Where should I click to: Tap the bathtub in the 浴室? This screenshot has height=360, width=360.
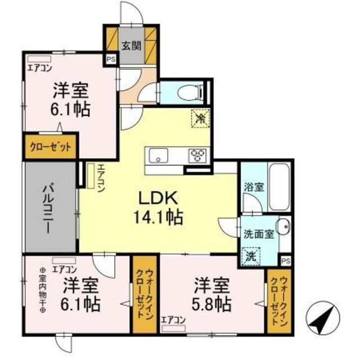pyautogui.click(x=279, y=187)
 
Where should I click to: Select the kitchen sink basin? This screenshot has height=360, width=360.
pyautogui.click(x=156, y=155)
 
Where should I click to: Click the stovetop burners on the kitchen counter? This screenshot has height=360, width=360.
pyautogui.click(x=198, y=154)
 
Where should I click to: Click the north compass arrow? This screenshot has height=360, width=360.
pyautogui.click(x=323, y=320)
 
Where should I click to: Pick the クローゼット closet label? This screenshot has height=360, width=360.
pyautogui.click(x=51, y=147)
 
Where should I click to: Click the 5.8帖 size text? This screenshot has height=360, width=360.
pyautogui.click(x=212, y=304)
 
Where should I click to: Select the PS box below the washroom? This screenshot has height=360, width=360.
pyautogui.click(x=285, y=260)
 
